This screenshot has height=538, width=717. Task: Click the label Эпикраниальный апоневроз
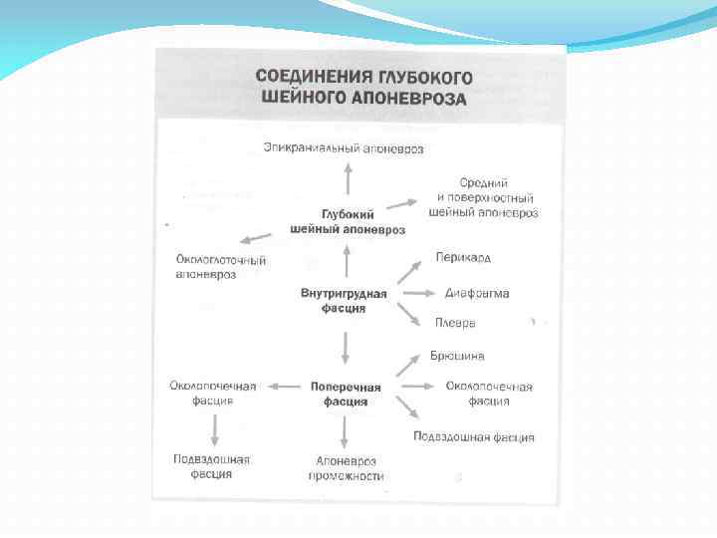point(343,148)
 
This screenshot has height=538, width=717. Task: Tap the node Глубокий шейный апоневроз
point(348,222)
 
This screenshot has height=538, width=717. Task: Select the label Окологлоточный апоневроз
point(206,267)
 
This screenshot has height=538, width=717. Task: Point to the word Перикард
point(463,258)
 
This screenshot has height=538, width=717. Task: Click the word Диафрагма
point(477,294)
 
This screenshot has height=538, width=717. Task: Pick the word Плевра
point(455,323)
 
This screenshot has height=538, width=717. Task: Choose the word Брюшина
point(457,356)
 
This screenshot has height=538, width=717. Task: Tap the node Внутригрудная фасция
point(344,301)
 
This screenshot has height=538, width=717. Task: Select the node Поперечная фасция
point(346,394)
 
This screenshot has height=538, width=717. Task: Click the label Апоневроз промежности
point(346,468)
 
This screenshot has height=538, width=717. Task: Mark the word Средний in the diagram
point(484,183)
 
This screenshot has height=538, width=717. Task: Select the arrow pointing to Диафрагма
point(417,294)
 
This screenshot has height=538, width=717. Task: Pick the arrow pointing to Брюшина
point(409,364)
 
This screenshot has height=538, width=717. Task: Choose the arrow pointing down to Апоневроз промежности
point(345,430)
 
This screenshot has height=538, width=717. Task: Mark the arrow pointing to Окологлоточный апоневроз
point(255,239)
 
